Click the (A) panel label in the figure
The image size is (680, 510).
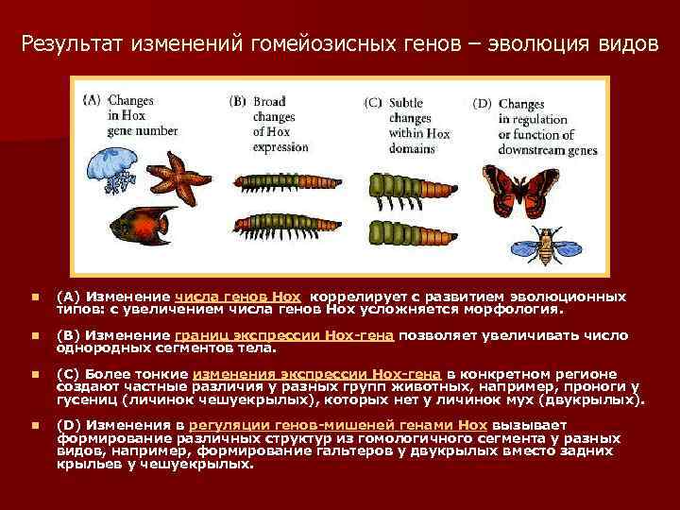pos(93,97)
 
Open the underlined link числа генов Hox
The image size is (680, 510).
pos(237,296)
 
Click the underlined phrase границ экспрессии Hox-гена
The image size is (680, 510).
pos(284,334)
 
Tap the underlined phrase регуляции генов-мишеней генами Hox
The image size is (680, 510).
pos(306,425)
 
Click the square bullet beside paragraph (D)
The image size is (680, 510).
pos(34,426)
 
